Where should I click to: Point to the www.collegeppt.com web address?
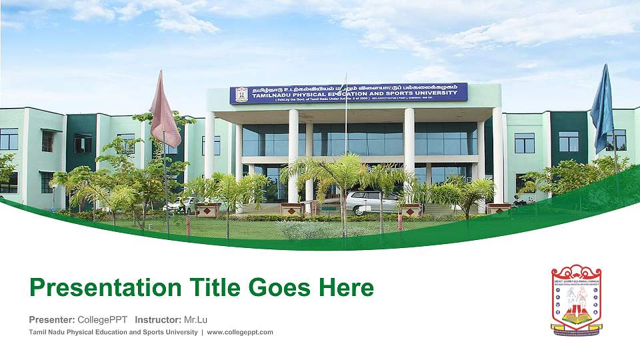(240, 332)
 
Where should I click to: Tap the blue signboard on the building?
(349, 93)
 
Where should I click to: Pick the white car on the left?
(183, 204)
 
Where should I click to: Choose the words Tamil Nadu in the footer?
(45, 332)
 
